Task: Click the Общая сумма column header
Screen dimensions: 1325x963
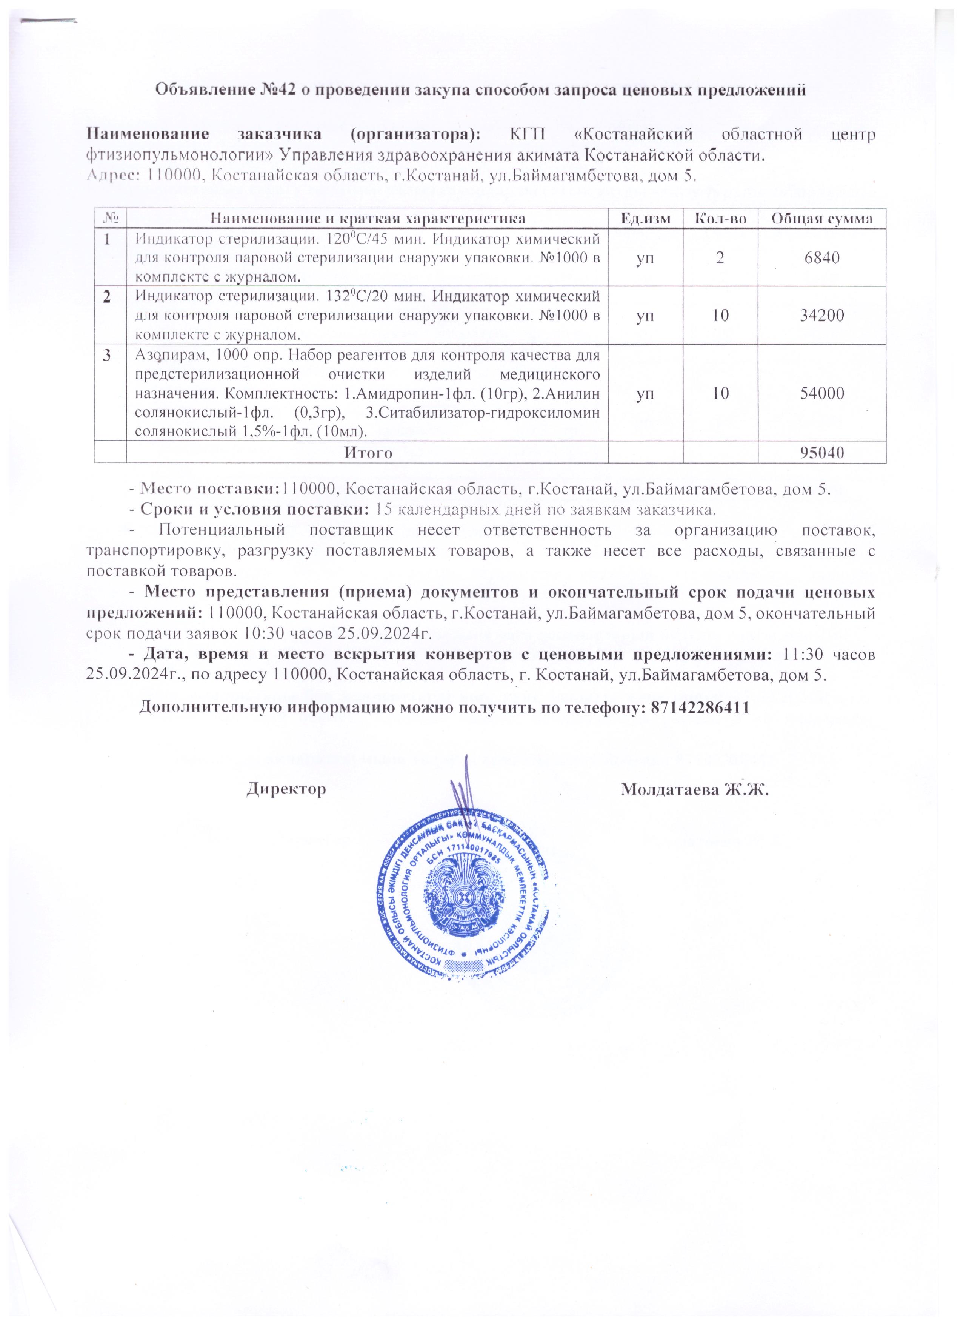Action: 821,219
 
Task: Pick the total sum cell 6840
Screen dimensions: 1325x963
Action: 821,257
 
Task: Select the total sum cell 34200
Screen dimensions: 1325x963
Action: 821,316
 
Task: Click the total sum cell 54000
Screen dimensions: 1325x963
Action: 821,393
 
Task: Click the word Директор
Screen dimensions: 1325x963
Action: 286,790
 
